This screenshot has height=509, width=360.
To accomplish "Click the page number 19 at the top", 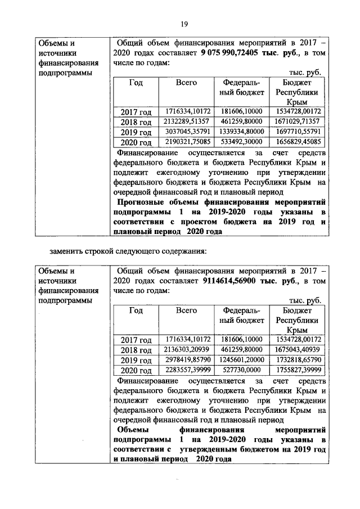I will (183, 23).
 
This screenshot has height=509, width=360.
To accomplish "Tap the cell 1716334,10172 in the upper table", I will (188, 111).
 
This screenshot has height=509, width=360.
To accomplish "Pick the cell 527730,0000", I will (241, 370).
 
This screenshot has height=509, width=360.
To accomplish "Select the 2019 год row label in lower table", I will (137, 361).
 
